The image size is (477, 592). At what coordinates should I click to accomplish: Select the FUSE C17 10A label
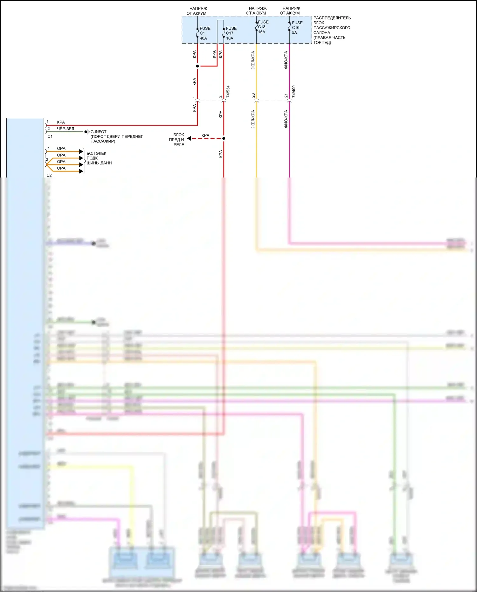tap(231, 33)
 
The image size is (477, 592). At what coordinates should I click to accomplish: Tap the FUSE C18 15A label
tap(263, 27)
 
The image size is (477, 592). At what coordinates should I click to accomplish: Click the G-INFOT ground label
tap(98, 132)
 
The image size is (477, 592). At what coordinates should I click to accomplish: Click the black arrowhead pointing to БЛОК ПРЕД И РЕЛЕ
tap(189, 138)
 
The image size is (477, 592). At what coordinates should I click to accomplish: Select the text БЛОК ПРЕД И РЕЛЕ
tap(177, 140)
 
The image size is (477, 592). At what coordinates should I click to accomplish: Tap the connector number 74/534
tap(228, 91)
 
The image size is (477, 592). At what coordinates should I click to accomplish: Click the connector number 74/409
tap(294, 91)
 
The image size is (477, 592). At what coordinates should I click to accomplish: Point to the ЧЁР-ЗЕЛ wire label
tap(65, 129)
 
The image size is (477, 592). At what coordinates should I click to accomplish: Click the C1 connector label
tap(50, 136)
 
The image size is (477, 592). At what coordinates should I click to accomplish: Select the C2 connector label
tap(49, 175)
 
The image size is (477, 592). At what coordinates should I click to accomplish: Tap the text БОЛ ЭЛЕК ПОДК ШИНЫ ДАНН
tap(99, 158)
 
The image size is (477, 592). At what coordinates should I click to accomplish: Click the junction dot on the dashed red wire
tap(224, 138)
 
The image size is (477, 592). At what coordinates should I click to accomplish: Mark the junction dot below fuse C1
tap(197, 66)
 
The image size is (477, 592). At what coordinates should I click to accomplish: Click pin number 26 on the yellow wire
tap(253, 95)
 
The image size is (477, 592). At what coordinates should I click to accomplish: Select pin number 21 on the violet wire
tap(286, 95)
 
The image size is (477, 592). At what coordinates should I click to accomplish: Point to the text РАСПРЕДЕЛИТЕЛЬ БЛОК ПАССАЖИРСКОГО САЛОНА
tap(332, 30)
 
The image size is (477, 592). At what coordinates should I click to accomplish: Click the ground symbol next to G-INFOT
tap(86, 132)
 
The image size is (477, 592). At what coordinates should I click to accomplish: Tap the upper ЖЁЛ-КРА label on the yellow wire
tap(253, 60)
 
